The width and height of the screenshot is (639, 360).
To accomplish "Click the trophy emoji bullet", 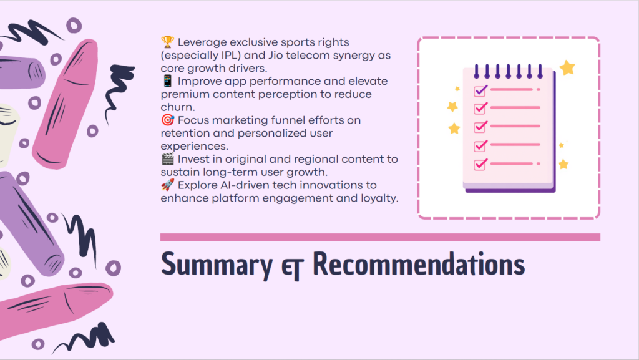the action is [x=167, y=42].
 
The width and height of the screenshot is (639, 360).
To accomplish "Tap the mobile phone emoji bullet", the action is [x=167, y=81].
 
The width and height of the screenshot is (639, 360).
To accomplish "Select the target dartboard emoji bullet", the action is [x=167, y=120].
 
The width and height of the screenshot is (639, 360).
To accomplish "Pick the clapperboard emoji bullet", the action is [x=167, y=159].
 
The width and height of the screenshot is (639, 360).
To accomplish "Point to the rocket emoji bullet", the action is [x=167, y=185].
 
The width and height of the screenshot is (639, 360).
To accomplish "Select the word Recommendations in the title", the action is [x=419, y=263].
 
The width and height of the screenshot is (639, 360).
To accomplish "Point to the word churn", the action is [x=177, y=107].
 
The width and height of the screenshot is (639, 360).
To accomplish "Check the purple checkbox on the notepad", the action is [x=480, y=90].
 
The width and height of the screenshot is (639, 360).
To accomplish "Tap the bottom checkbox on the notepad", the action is [x=480, y=165].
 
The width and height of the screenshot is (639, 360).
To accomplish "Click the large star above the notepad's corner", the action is [x=567, y=67].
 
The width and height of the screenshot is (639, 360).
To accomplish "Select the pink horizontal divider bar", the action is [x=380, y=237].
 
